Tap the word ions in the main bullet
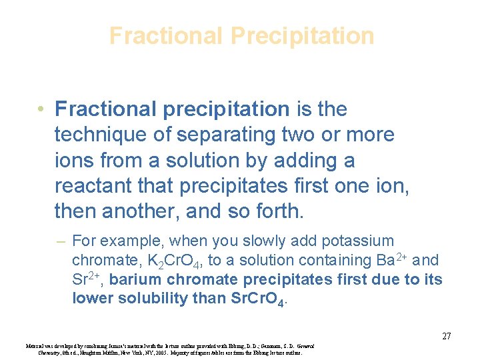click(x=71, y=161)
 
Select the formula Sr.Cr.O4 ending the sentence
click(x=255, y=299)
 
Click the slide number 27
click(x=447, y=336)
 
